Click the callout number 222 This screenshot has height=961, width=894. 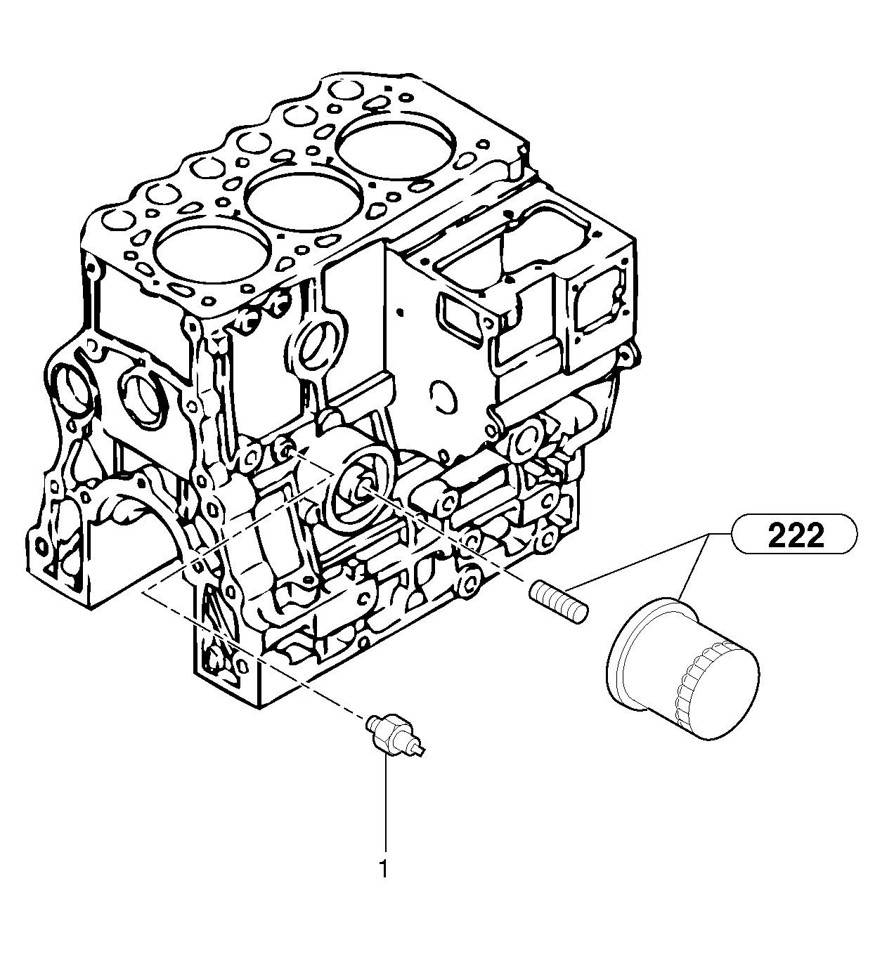coord(795,537)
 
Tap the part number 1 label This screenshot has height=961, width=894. coord(383,870)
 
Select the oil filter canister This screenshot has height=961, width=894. coord(682,667)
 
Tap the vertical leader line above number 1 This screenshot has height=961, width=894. coord(384,808)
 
